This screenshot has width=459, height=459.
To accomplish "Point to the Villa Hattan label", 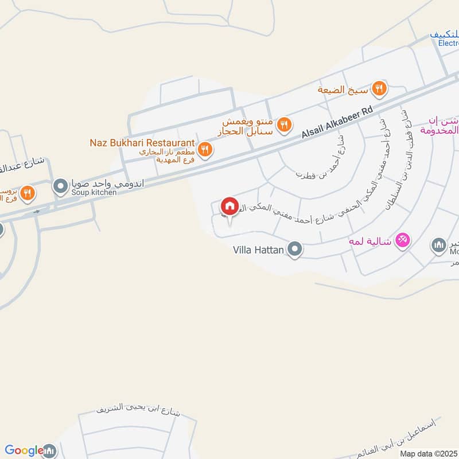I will point(259,250).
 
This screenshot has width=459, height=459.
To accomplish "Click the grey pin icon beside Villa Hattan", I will point(295,249).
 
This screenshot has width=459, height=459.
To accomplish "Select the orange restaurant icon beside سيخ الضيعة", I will point(379,89).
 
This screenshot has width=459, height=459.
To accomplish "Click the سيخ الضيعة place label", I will point(343,90).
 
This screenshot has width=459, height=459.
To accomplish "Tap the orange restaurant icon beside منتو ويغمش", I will point(283,125).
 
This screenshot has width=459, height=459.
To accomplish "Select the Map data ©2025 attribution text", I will point(429,453).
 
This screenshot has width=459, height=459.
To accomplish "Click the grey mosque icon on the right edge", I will point(439,246).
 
